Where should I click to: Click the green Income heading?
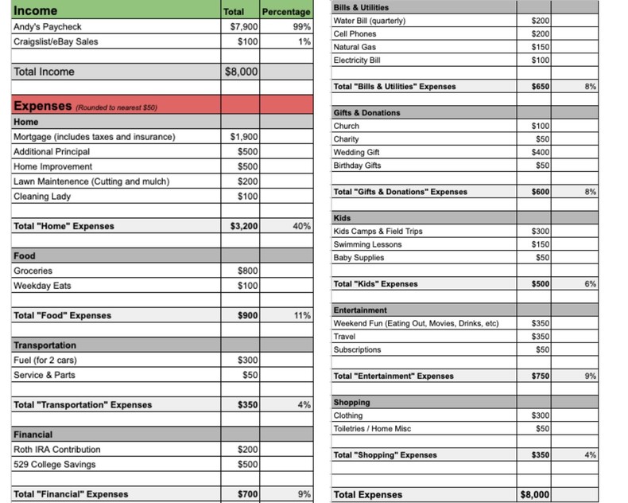pyautogui.click(x=36, y=11)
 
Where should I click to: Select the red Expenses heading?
pyautogui.click(x=42, y=106)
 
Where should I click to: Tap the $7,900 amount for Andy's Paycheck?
pyautogui.click(x=242, y=26)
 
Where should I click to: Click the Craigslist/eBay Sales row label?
pyautogui.click(x=56, y=41)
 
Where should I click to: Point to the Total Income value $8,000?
pyautogui.click(x=241, y=72)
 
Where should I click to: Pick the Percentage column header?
pyautogui.click(x=286, y=12)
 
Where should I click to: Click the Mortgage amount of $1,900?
pyautogui.click(x=243, y=137)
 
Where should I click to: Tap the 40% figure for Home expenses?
pyautogui.click(x=301, y=226)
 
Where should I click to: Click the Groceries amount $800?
pyautogui.click(x=247, y=271)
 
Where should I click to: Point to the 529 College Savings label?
pyautogui.click(x=54, y=465)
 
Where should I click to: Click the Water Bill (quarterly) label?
pyautogui.click(x=370, y=21)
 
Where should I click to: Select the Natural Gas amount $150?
pyautogui.click(x=540, y=47)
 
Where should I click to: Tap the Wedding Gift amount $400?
pyautogui.click(x=540, y=152)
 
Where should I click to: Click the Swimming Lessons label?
pyautogui.click(x=367, y=244)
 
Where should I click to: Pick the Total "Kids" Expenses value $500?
pyautogui.click(x=540, y=284)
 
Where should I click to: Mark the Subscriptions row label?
pyautogui.click(x=357, y=349)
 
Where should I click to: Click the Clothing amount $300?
pyautogui.click(x=540, y=415)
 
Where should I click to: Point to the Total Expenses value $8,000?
pyautogui.click(x=534, y=495)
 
